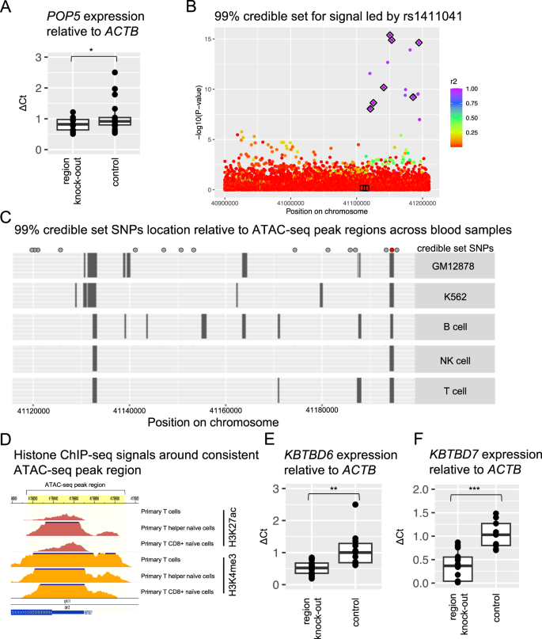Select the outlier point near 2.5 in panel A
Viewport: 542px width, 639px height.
pos(115,72)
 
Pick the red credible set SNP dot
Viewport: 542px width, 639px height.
pos(392,249)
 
